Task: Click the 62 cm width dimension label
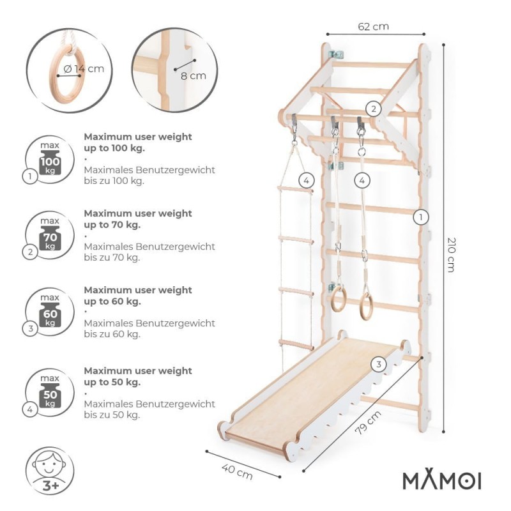(x=373, y=26)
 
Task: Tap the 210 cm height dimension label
(x=452, y=255)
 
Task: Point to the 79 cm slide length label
(x=368, y=423)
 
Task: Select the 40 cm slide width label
(x=237, y=472)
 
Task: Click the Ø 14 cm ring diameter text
(x=84, y=69)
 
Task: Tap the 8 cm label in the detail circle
(x=194, y=76)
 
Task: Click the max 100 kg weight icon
(x=50, y=158)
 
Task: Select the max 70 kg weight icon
(x=50, y=235)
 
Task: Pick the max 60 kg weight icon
(x=50, y=312)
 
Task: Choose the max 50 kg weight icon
(x=50, y=392)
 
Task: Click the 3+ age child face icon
(x=50, y=471)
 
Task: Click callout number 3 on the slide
(x=378, y=364)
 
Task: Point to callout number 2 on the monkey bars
(x=374, y=109)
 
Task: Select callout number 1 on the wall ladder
(x=421, y=217)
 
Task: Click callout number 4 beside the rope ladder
(x=307, y=180)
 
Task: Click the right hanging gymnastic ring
(x=366, y=307)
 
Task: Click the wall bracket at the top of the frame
(x=337, y=54)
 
